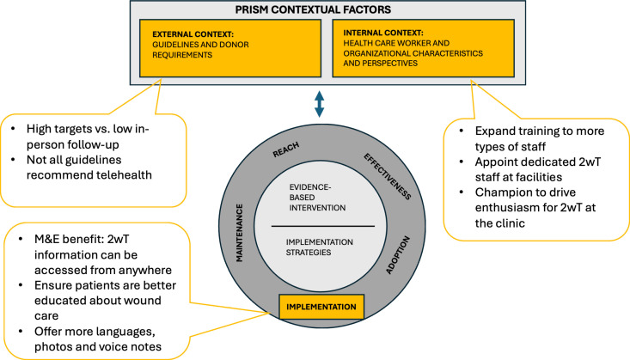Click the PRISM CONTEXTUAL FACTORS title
[x=313, y=9]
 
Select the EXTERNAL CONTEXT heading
[x=193, y=34]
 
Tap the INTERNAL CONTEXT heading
[x=383, y=33]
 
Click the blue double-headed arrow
[x=320, y=104]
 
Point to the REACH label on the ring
[x=286, y=149]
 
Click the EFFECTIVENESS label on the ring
[x=388, y=176]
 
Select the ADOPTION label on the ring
[x=398, y=255]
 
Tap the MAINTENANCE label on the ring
[x=239, y=233]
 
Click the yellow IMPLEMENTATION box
[x=321, y=307]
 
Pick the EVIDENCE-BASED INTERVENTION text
[x=317, y=198]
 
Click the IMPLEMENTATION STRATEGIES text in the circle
[x=320, y=247]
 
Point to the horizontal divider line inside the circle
[x=323, y=226]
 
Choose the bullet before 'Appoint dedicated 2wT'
[x=462, y=162]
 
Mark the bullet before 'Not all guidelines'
[x=13, y=160]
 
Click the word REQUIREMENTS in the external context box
[x=182, y=55]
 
